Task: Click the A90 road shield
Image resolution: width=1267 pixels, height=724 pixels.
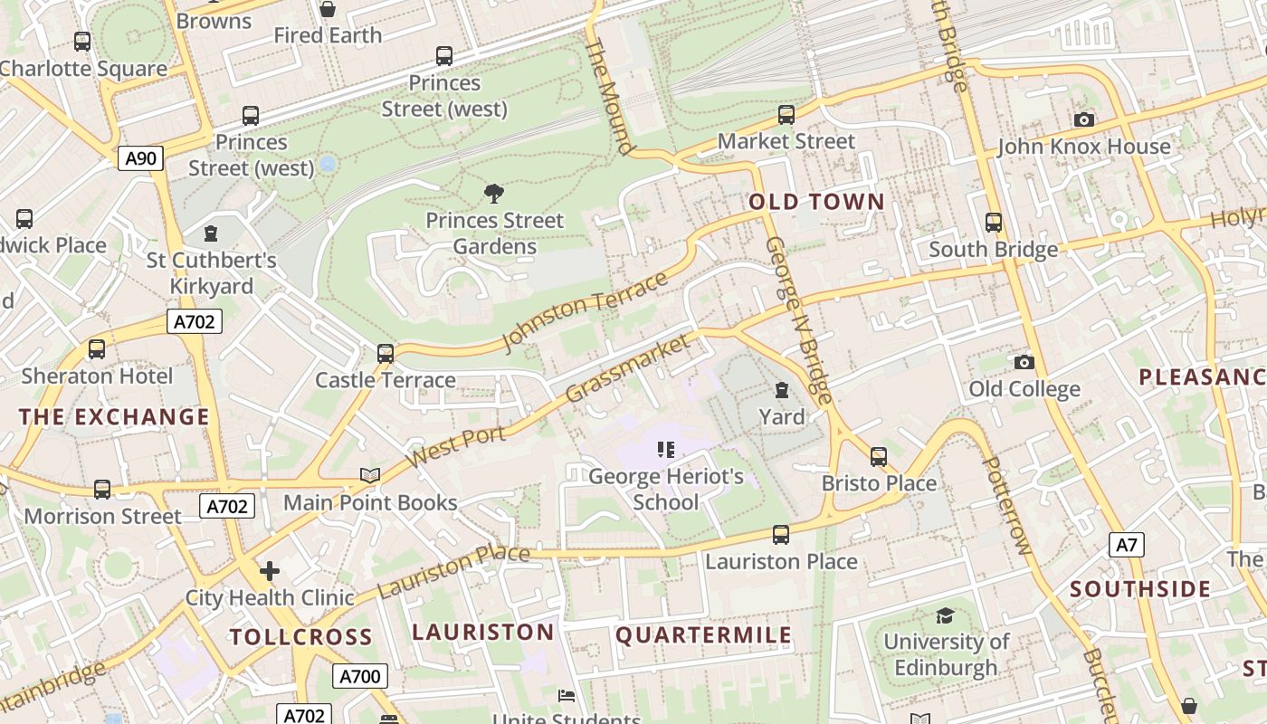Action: coord(140,158)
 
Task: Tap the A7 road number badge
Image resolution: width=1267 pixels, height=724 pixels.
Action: coord(1126,545)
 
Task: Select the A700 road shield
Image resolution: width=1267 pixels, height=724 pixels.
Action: coord(360,676)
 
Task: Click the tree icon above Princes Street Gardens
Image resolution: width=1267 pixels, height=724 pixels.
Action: coord(493,193)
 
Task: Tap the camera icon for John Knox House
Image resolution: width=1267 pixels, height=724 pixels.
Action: coord(1083,119)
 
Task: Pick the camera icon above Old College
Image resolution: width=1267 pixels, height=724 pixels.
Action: coord(1024,362)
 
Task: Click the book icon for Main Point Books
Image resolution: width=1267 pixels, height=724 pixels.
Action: coord(369,475)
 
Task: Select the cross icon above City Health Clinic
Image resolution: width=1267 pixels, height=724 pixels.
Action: coord(269,571)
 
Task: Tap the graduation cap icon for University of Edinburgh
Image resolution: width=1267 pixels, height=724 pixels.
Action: coord(945,615)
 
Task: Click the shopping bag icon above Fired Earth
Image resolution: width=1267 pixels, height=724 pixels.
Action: coord(328,9)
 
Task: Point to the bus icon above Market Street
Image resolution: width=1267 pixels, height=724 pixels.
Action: coord(786,115)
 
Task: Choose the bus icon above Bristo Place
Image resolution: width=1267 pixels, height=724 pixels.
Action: coord(878,457)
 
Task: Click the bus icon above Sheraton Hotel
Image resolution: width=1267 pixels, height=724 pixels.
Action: coord(96,349)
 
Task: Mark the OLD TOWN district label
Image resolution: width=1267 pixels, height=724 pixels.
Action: coord(816,202)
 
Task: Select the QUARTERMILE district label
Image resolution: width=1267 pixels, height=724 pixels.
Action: coord(703,635)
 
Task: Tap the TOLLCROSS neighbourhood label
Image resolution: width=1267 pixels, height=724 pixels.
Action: coord(300,637)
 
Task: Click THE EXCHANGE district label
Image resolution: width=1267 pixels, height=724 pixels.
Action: coord(114,417)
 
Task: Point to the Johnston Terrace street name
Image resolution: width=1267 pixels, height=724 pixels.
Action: coord(585,310)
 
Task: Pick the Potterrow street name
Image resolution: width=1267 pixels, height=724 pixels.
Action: coord(1006,505)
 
